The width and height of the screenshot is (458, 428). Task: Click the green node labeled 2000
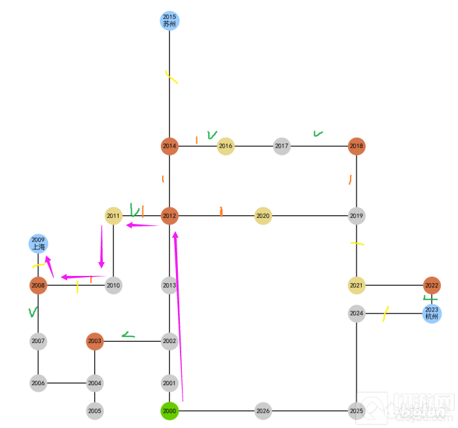point(169,411)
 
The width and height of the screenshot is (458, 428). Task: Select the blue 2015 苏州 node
point(169,20)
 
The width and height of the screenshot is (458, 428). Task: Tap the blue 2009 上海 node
point(38,244)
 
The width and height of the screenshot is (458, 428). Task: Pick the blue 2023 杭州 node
point(432,313)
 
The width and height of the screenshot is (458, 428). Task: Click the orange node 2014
point(169,146)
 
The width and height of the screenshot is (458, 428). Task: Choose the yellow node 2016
point(225,146)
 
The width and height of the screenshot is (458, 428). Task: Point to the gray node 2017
point(281,146)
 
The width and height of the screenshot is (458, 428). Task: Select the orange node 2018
point(357,146)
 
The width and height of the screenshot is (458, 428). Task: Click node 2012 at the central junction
point(169,216)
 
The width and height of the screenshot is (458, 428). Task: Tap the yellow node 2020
point(263,216)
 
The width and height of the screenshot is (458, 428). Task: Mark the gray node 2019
point(357,216)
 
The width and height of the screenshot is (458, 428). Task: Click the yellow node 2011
point(113,216)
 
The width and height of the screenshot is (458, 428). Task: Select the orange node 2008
point(38,285)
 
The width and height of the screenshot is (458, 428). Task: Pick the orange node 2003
point(95,341)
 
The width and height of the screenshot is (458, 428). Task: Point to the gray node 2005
point(95,411)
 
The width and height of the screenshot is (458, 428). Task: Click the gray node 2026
point(263,411)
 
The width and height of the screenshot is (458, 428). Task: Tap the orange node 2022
point(432,285)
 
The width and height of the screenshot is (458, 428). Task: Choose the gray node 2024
point(357,313)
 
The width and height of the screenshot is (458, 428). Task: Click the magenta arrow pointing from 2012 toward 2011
point(142,225)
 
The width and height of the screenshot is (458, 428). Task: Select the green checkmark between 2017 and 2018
point(318,134)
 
